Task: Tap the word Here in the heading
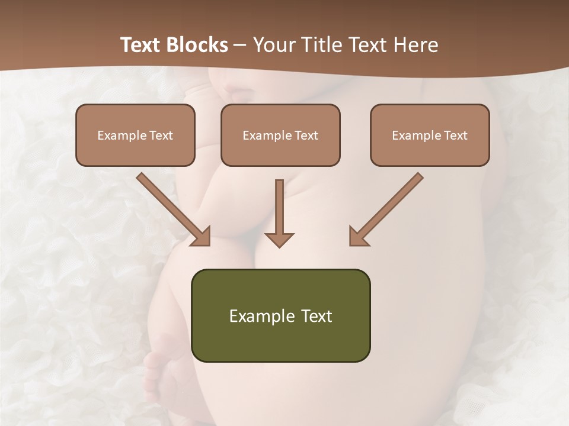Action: pos(414,45)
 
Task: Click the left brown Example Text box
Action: pos(135,135)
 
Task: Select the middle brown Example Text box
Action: pos(280,135)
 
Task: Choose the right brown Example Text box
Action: pos(430,135)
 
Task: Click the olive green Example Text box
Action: pos(280,315)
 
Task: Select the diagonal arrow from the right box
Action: pos(391,204)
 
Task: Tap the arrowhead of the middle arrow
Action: pos(279,239)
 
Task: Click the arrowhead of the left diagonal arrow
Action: pos(202,237)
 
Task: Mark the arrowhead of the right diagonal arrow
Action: pos(358,237)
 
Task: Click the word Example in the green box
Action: pos(258,316)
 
